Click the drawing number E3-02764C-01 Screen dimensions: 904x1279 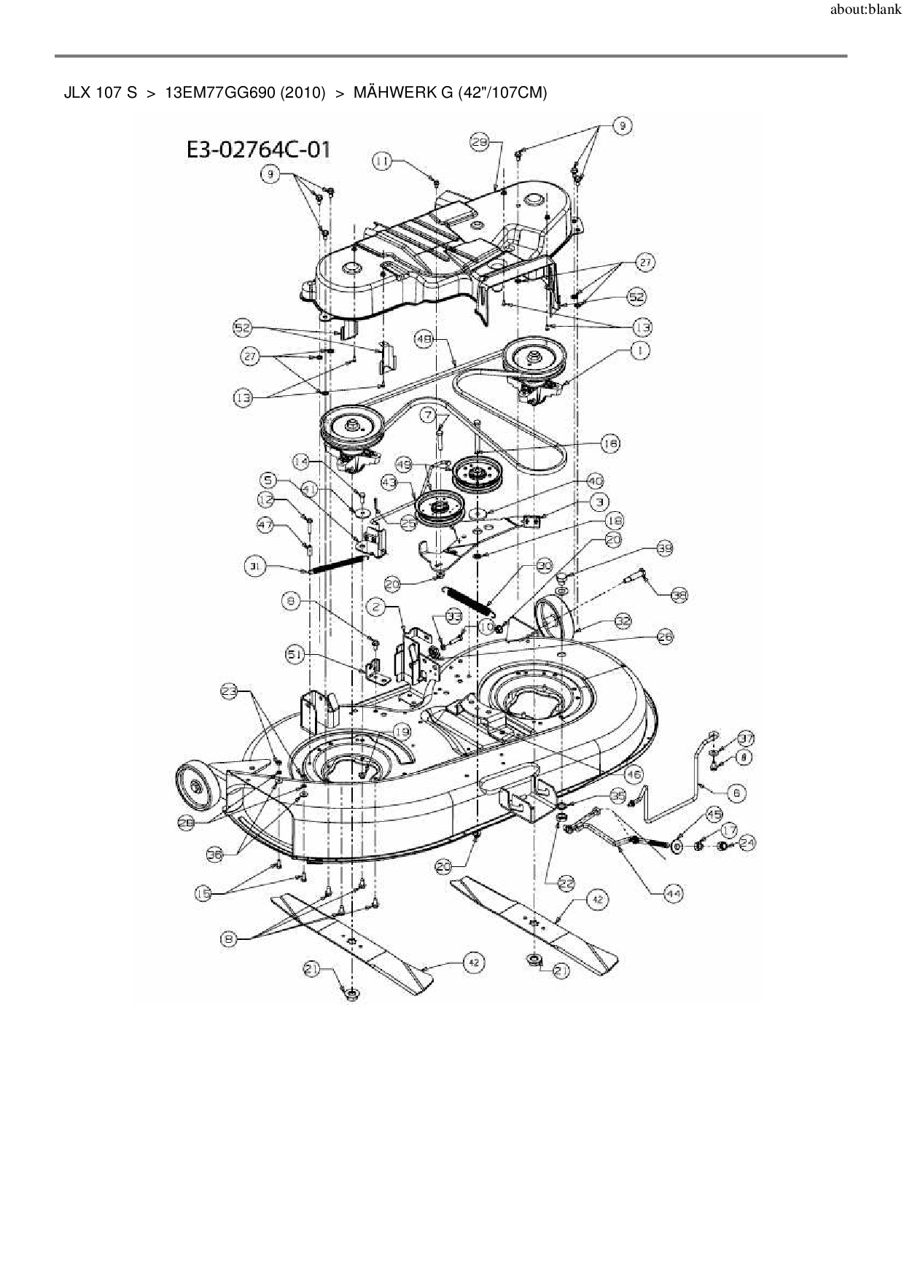click(x=259, y=149)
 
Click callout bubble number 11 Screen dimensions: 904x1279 click(x=383, y=161)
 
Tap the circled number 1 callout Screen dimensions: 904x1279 click(x=639, y=351)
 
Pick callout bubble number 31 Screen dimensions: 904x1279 click(x=253, y=566)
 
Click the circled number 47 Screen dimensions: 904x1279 click(x=267, y=524)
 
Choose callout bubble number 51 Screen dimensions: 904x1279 click(x=295, y=655)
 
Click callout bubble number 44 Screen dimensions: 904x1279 click(x=672, y=893)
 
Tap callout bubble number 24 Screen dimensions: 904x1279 click(x=747, y=843)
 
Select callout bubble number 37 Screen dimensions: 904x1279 click(x=745, y=738)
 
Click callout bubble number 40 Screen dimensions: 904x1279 click(x=596, y=482)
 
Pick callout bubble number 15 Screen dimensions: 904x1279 click(x=205, y=893)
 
